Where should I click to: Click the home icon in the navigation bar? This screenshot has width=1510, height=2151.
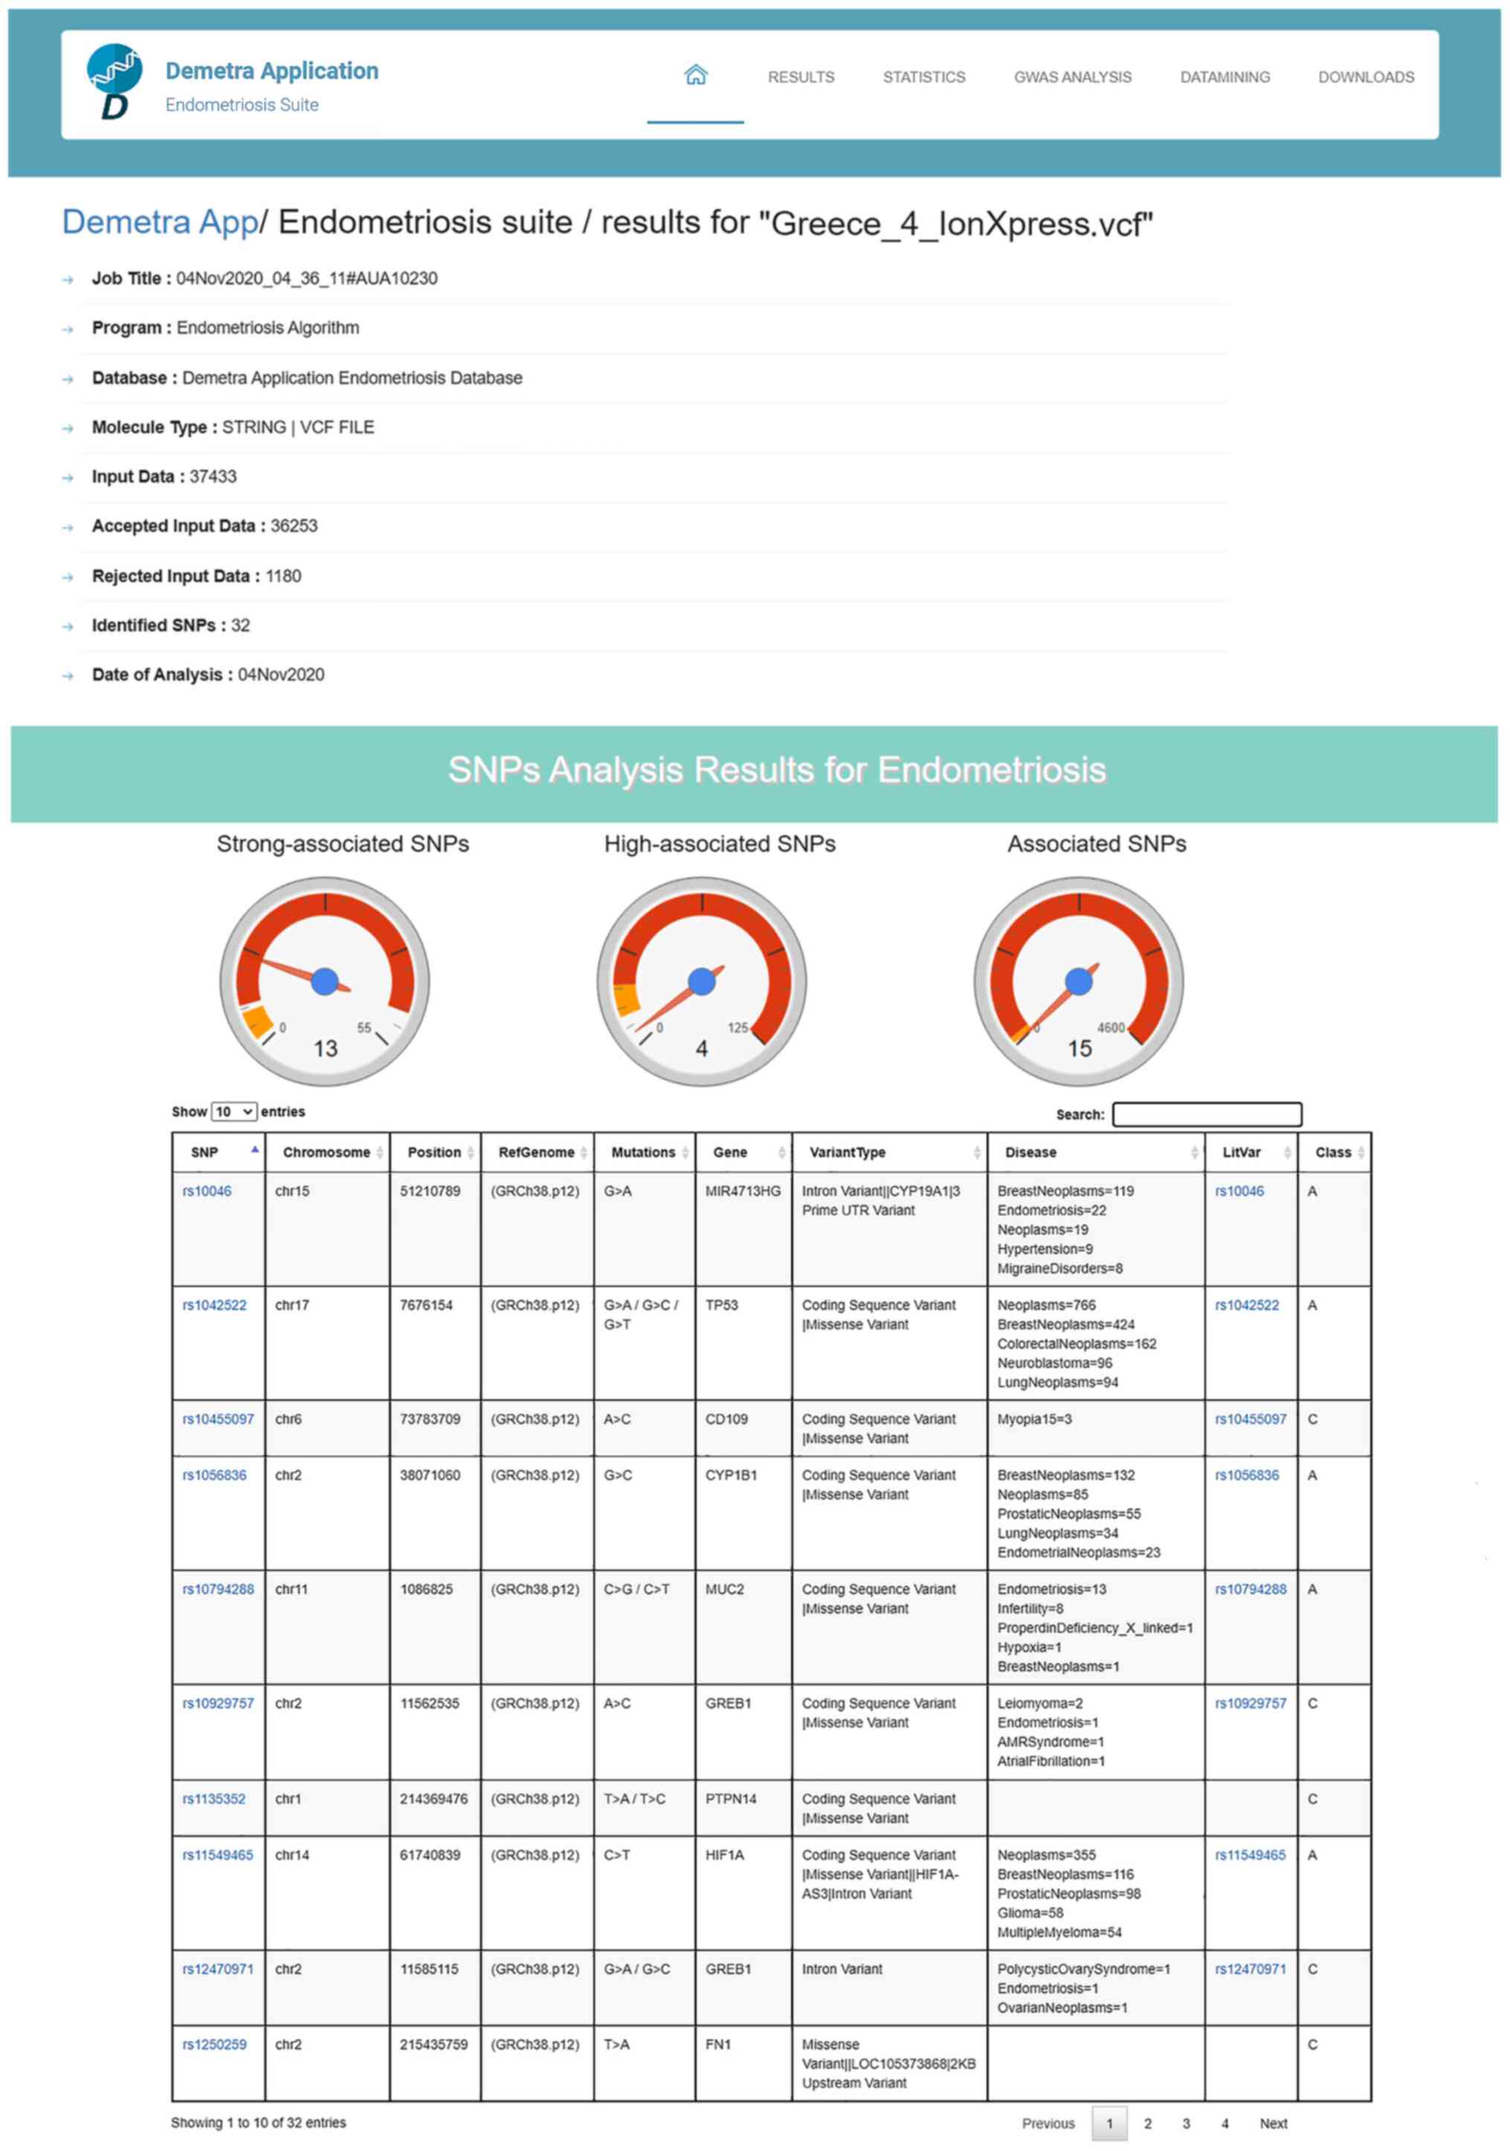pos(695,75)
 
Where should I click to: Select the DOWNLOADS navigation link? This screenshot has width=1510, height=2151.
pos(1365,77)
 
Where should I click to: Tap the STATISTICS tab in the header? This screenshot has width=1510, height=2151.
pos(923,77)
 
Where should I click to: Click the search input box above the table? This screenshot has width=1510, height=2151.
pos(1206,1114)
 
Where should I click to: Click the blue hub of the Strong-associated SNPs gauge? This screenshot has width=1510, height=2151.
pos(324,981)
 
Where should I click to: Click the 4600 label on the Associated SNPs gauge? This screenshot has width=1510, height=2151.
pos(1110,1028)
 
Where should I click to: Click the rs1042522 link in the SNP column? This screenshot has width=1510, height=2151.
pos(215,1305)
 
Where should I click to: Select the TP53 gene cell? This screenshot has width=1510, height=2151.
pos(721,1305)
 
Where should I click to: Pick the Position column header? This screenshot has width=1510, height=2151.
pos(433,1152)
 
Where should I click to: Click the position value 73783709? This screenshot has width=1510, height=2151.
pos(430,1419)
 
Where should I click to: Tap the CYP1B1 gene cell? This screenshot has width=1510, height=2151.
pos(731,1476)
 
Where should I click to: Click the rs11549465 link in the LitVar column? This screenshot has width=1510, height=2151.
pos(1250,1855)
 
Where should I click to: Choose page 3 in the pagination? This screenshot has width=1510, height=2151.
pos(1185,2123)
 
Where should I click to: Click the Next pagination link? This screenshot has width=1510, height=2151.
pos(1272,2123)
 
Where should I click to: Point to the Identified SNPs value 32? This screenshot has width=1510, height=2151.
pos(241,625)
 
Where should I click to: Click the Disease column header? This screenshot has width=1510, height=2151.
pos(1030,1152)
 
